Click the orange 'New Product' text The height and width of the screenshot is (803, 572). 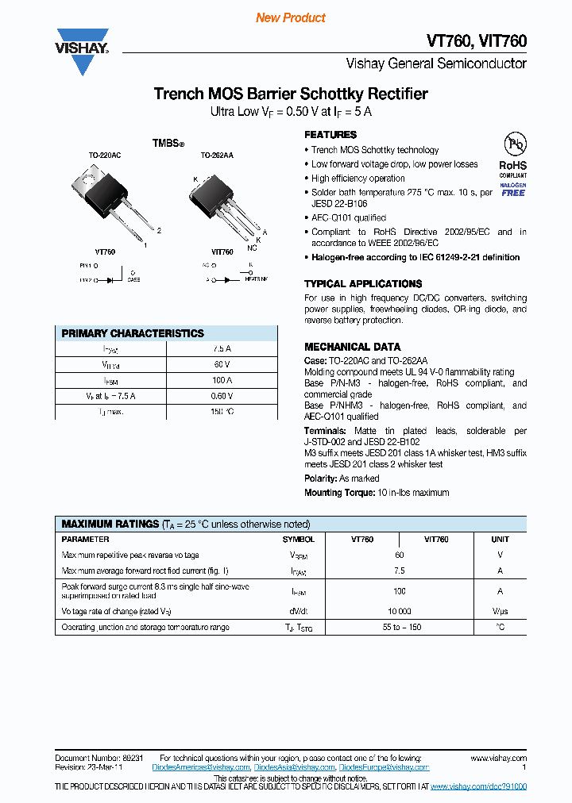pos(290,17)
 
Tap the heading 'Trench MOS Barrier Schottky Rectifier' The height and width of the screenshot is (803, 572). pos(290,94)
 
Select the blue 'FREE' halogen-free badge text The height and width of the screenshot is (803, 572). pos(513,193)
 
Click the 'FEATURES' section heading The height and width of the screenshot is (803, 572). pos(330,135)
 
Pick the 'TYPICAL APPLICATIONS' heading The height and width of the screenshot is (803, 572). pos(363,283)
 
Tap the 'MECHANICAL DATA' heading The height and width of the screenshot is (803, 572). pos(352,347)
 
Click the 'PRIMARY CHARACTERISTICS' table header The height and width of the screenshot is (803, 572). pos(133,333)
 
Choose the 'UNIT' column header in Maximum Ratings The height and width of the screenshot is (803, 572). pos(500,539)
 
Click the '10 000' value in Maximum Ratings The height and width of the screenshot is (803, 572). pos(399,611)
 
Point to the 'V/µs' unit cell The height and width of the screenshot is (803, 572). pos(500,611)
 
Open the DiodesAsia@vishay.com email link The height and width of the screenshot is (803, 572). pos(295,767)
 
